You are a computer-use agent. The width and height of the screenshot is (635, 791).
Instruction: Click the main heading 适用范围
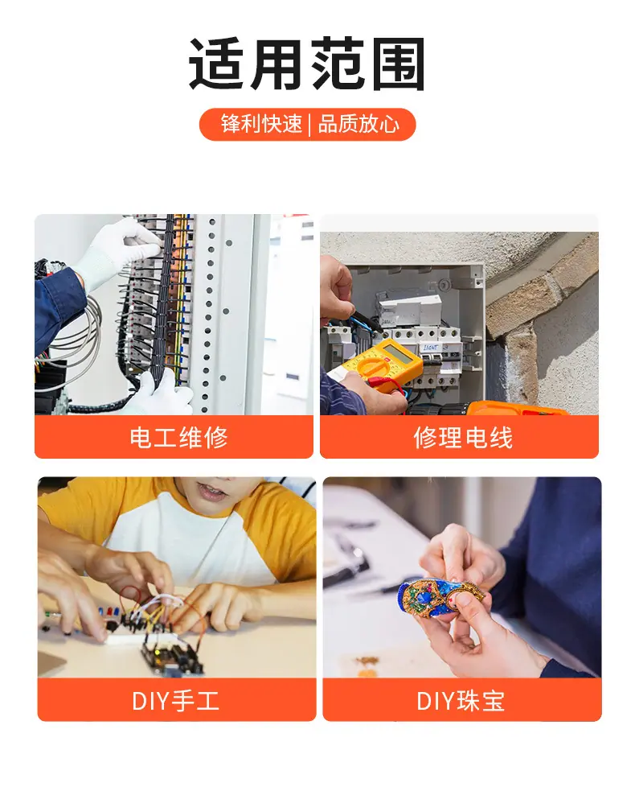[x=306, y=64]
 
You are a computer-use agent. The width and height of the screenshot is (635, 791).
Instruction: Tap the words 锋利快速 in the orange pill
[x=261, y=124]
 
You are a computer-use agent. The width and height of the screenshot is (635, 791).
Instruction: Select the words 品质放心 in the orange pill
[x=358, y=124]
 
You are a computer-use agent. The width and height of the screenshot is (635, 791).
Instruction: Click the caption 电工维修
[x=178, y=437]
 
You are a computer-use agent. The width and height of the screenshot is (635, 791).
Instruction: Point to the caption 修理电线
[x=463, y=437]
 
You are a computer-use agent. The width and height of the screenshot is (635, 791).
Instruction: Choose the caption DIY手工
[x=175, y=701]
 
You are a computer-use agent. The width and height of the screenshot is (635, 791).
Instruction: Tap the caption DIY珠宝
[x=461, y=701]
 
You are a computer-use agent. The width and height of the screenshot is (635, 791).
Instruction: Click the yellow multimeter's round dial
[x=374, y=366]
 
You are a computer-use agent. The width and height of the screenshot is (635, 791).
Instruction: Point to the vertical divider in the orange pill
[x=310, y=125]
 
